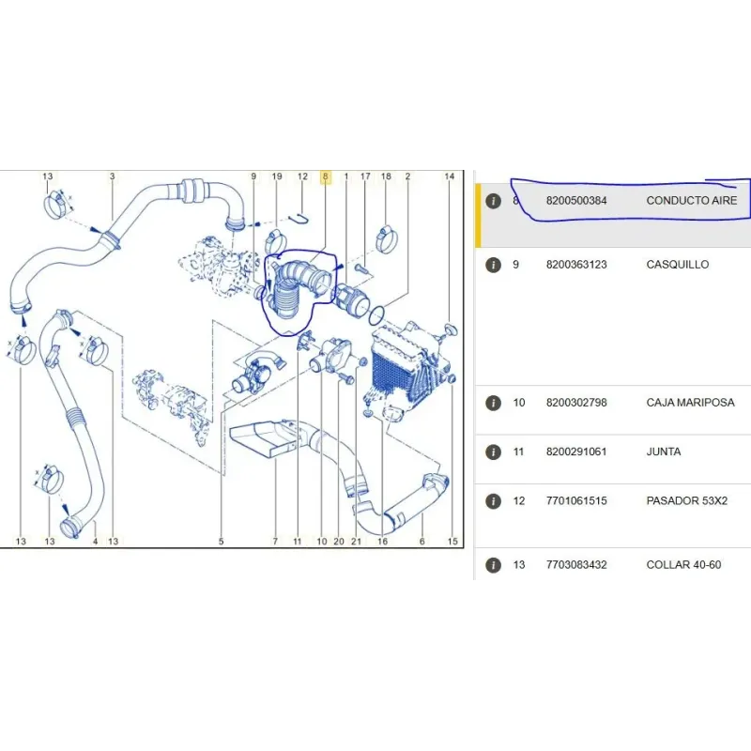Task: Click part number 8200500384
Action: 576,201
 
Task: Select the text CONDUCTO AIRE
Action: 692,201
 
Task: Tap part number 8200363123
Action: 576,265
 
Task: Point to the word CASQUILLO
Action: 677,265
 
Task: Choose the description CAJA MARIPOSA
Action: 690,403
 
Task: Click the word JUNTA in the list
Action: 664,452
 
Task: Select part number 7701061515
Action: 576,501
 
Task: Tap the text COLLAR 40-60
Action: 683,565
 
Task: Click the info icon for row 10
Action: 493,403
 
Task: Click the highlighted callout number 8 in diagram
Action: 325,176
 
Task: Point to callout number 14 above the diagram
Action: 449,176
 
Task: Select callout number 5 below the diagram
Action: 221,542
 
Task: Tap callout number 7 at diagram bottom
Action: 275,542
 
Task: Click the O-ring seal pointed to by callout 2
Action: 376,314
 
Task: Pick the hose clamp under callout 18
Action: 386,239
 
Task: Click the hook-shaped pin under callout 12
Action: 300,219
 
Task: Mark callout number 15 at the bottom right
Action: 452,542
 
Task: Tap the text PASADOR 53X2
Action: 687,501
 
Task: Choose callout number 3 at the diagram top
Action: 112,176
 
